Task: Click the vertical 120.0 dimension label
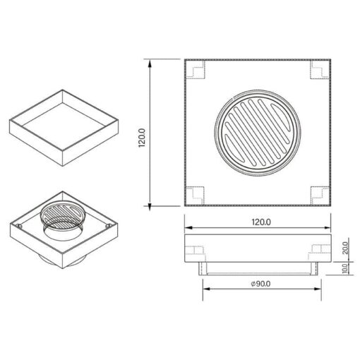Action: click(142, 138)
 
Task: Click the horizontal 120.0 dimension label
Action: click(261, 222)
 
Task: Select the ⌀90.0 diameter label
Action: click(260, 284)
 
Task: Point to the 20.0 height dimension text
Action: click(345, 248)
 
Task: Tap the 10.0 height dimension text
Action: click(345, 268)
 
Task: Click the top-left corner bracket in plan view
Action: click(196, 70)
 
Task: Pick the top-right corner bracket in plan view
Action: click(320, 70)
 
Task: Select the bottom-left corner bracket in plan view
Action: click(195, 196)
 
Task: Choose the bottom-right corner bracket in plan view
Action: click(320, 196)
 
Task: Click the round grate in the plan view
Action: click(258, 133)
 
